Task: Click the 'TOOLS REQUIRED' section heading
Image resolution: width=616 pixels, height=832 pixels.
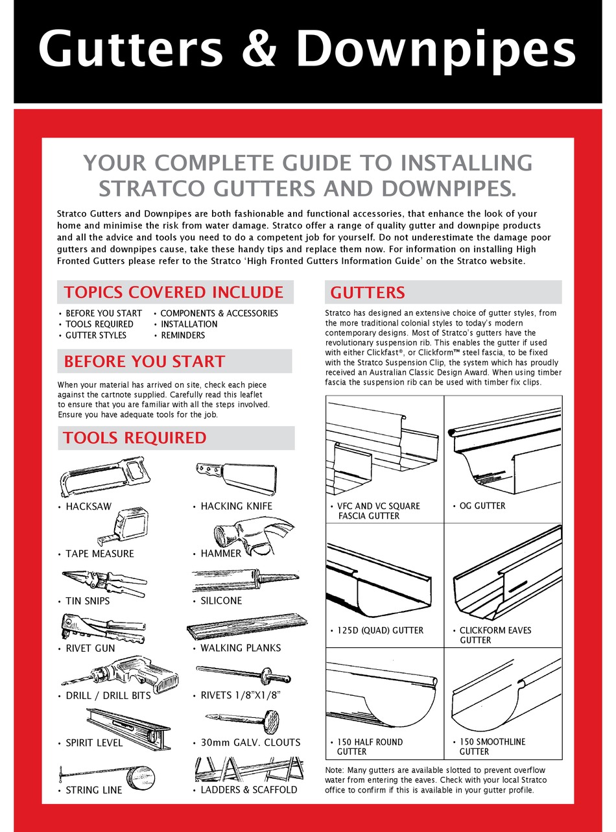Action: (134, 438)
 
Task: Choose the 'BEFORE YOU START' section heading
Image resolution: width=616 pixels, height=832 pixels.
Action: (144, 361)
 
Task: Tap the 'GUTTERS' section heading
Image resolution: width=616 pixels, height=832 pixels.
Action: (368, 292)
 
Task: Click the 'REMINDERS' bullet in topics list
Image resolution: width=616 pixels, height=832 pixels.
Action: (182, 335)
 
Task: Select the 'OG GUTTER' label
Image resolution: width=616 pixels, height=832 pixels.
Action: (482, 506)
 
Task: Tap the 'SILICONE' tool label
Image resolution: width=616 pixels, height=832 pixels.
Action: (220, 601)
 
